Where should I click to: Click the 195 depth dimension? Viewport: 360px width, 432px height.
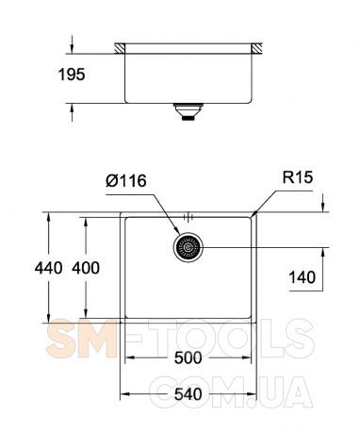click(72, 75)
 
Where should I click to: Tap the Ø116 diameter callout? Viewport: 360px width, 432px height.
click(126, 181)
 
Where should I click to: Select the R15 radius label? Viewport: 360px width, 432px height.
click(298, 177)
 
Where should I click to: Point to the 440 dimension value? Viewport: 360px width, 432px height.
click(48, 268)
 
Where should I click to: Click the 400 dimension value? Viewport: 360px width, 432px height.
click(86, 268)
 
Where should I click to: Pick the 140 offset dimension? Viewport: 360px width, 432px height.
click(303, 277)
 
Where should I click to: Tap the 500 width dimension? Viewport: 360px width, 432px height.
click(188, 357)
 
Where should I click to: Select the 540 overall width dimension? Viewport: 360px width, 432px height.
click(188, 394)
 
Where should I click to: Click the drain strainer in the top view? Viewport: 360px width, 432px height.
click(188, 247)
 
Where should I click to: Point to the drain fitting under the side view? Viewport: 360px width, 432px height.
click(188, 111)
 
